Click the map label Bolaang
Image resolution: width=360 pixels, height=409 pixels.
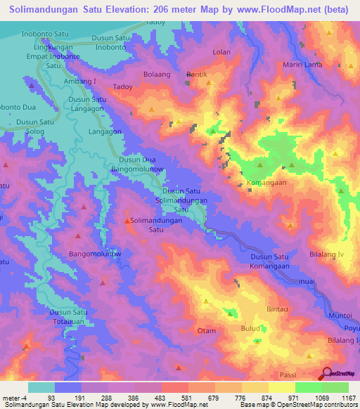(157, 73)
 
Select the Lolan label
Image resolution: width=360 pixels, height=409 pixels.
(221, 52)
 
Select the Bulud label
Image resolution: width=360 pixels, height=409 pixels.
(251, 327)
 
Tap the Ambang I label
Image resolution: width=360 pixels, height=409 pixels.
(80, 81)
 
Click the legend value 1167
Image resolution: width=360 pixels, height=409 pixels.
(347, 398)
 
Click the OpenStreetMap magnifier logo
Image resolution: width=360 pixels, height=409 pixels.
(327, 373)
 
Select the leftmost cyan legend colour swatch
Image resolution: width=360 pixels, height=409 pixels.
(41, 387)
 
